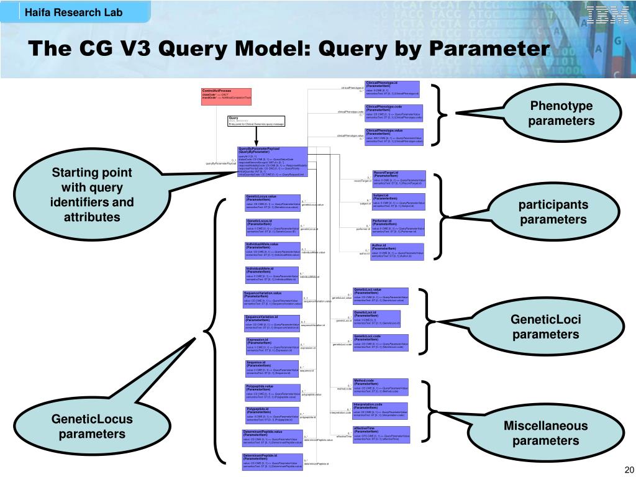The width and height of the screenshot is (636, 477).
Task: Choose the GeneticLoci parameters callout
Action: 545,327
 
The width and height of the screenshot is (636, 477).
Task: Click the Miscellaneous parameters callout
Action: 545,433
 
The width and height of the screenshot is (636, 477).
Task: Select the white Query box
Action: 257,121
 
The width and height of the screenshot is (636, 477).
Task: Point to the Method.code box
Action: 381,387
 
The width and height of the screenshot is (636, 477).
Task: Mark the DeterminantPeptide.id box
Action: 272,460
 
